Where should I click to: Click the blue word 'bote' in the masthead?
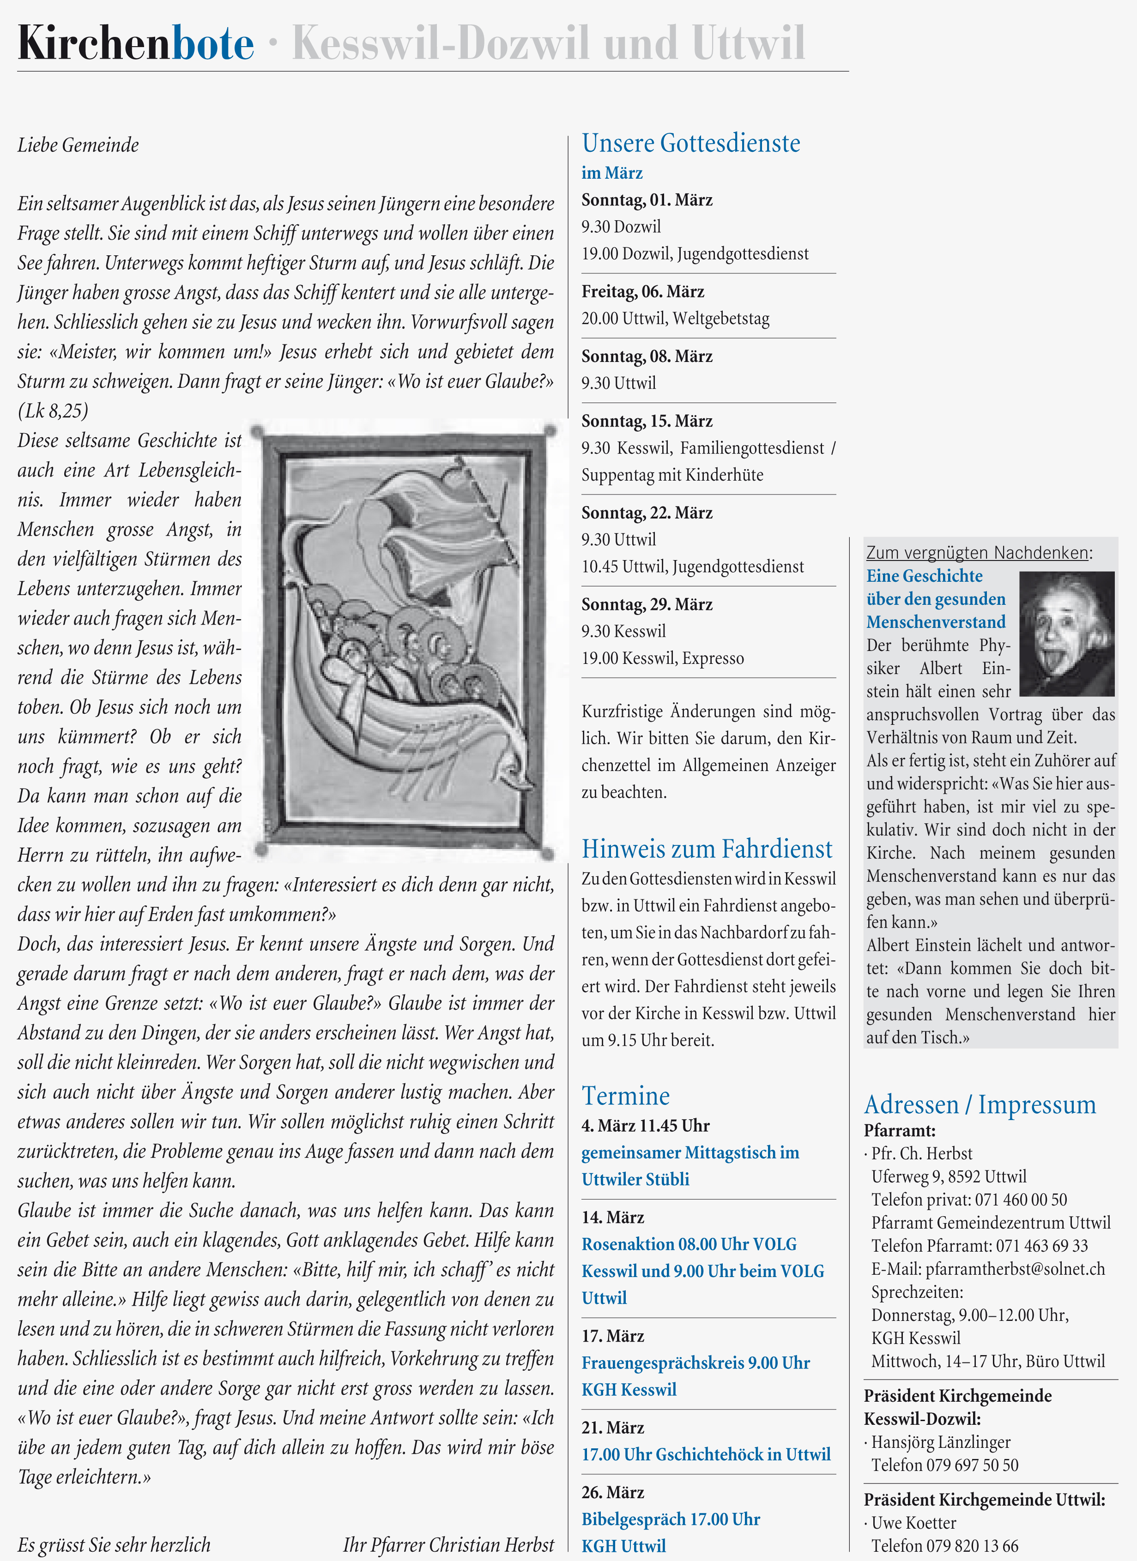tap(212, 43)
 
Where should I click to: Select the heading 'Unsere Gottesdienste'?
tap(691, 143)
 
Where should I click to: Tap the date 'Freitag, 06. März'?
tap(643, 292)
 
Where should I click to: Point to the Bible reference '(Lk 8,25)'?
tap(53, 411)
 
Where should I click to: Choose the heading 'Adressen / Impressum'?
tap(980, 1105)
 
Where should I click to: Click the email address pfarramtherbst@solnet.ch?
tap(988, 1268)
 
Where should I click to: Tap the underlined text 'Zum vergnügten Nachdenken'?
tap(977, 553)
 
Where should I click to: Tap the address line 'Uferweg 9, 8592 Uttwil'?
tap(949, 1176)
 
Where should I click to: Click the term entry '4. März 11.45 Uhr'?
tap(645, 1126)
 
